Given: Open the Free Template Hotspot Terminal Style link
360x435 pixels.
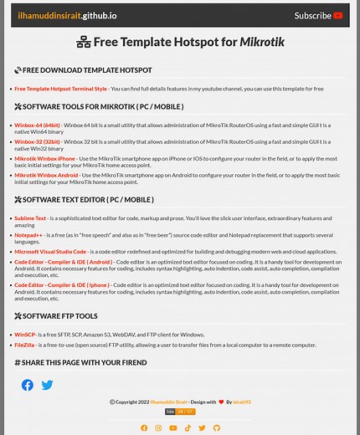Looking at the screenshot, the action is pyautogui.click(x=60, y=88).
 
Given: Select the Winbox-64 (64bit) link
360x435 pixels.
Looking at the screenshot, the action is pyautogui.click(x=37, y=125).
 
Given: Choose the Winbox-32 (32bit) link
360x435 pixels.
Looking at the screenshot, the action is pyautogui.click(x=37, y=141).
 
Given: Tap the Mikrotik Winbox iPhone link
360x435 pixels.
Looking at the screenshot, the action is pyautogui.click(x=44, y=158).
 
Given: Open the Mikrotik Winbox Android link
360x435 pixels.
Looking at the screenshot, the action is pyautogui.click(x=46, y=175).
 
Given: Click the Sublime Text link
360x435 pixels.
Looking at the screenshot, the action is pyautogui.click(x=30, y=217).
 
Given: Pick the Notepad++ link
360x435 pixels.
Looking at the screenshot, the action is pyautogui.click(x=28, y=235).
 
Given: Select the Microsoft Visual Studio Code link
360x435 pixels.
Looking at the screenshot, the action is pyautogui.click(x=50, y=251).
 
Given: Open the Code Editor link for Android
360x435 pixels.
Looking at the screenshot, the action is pyautogui.click(x=63, y=261).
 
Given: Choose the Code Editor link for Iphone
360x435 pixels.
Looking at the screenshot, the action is pyautogui.click(x=62, y=284).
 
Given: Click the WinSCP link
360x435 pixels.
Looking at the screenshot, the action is pyautogui.click(x=24, y=334).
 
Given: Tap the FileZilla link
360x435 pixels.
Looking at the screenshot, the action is pyautogui.click(x=24, y=344).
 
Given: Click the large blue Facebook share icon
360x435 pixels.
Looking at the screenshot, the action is pyautogui.click(x=28, y=385).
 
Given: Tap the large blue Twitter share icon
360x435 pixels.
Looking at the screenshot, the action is pyautogui.click(x=48, y=385).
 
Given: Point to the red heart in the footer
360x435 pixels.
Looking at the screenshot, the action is pyautogui.click(x=221, y=402).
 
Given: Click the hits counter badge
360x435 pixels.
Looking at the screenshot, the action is pyautogui.click(x=179, y=412).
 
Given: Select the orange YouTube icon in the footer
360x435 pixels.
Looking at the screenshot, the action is pyautogui.click(x=172, y=427).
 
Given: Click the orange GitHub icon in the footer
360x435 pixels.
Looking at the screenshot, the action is pyautogui.click(x=216, y=427).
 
